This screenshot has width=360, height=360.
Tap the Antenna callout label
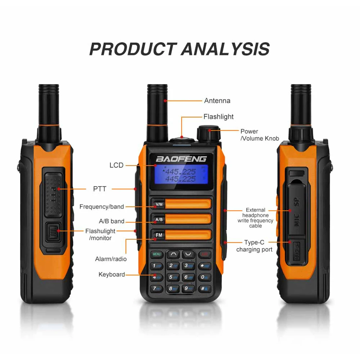click(x=217, y=101)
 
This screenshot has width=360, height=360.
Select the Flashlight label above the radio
click(x=218, y=117)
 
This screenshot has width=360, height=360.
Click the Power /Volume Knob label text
click(x=260, y=135)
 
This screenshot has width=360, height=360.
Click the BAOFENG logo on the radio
click(x=181, y=159)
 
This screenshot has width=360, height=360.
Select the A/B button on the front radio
click(x=159, y=219)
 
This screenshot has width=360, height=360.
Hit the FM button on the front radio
click(x=159, y=235)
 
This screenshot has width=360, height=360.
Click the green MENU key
click(x=157, y=254)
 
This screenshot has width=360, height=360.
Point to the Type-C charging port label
click(x=254, y=246)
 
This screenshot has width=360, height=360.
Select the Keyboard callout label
click(x=112, y=275)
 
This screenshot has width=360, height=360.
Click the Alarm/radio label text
click(x=111, y=259)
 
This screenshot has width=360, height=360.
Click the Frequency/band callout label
click(x=102, y=207)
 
